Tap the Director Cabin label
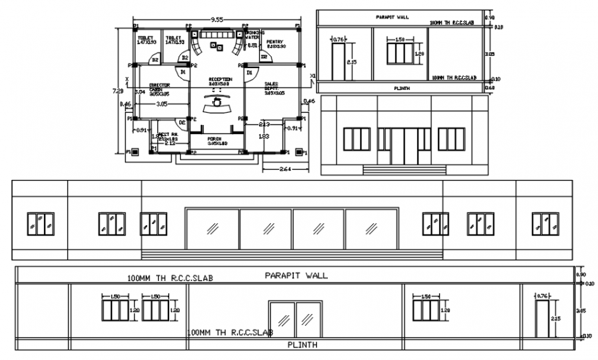pyautogui.click(x=160, y=89)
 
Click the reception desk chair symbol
pyautogui.click(x=219, y=101)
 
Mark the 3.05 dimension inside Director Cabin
pyautogui.click(x=162, y=104)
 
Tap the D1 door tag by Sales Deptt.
pyautogui.click(x=251, y=71)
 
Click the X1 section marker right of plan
pyautogui.click(x=313, y=76)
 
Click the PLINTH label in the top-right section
pyautogui.click(x=403, y=88)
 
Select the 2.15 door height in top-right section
pyautogui.click(x=351, y=62)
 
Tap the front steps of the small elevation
pyautogui.click(x=403, y=169)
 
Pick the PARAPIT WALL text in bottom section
pyautogui.click(x=296, y=275)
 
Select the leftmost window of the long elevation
pyautogui.click(x=41, y=223)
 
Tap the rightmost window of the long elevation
pyautogui.click(x=545, y=223)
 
